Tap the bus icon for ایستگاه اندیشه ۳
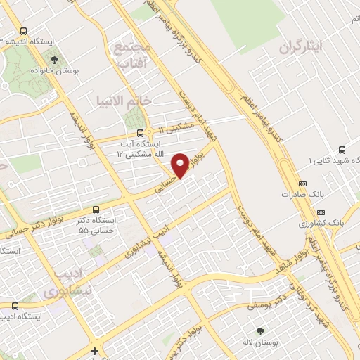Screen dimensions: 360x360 coord(25,31)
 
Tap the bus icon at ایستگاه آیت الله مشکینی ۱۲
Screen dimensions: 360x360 coord(140,132)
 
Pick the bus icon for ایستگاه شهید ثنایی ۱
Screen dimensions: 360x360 coord(342,150)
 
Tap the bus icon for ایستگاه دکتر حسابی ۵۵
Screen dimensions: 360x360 coord(96,209)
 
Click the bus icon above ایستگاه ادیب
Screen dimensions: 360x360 coord(15,306)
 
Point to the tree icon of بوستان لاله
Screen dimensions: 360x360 coord(261,330)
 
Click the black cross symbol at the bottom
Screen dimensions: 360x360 coord(94,350)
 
